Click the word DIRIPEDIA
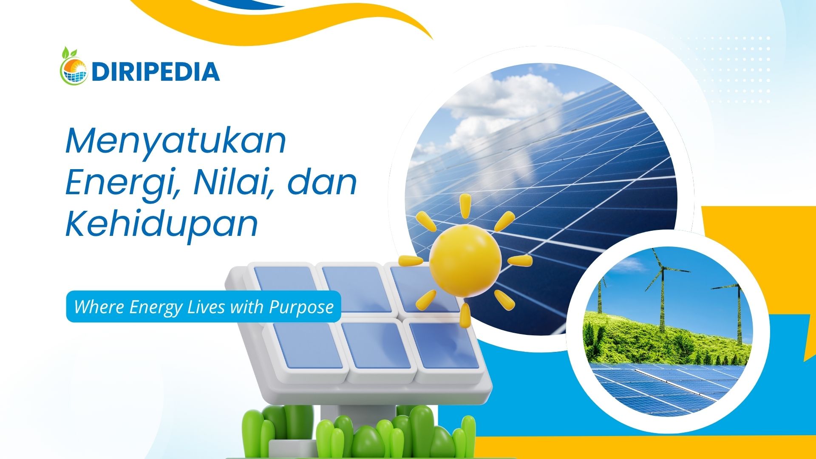click(x=155, y=72)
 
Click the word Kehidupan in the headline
click(x=162, y=224)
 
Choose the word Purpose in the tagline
click(x=301, y=307)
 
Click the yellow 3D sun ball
click(x=465, y=261)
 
